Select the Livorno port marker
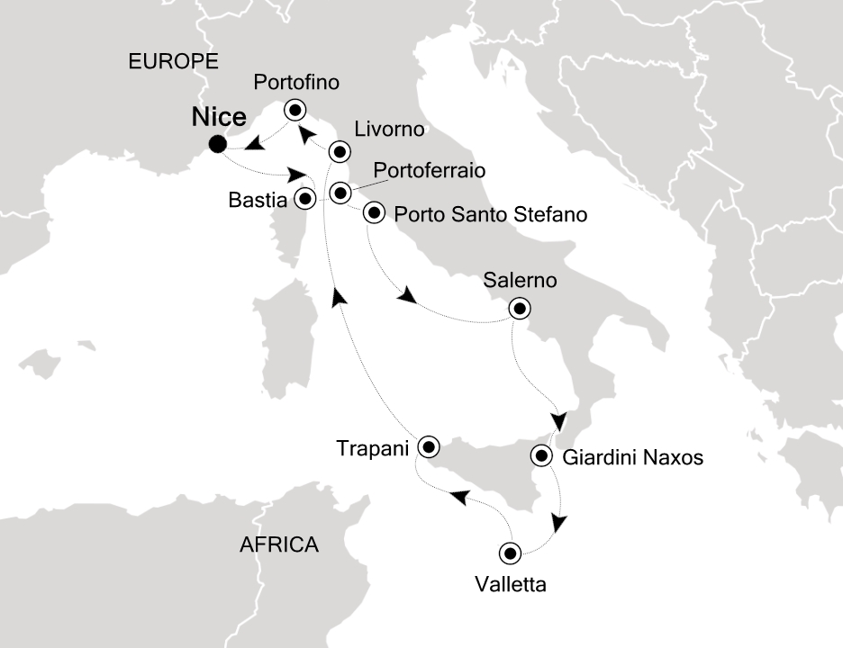(340, 150)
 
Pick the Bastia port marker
(306, 198)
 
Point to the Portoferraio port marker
(340, 192)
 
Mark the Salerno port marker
(519, 309)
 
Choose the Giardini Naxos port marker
(541, 455)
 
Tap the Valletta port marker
(511, 553)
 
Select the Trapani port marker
(427, 446)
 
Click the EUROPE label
(174, 61)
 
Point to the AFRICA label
(278, 544)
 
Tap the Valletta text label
(511, 585)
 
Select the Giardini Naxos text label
(631, 458)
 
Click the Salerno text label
(520, 281)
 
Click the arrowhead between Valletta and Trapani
(458, 496)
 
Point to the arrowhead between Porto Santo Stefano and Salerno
(408, 296)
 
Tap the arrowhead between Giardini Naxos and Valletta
(561, 523)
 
